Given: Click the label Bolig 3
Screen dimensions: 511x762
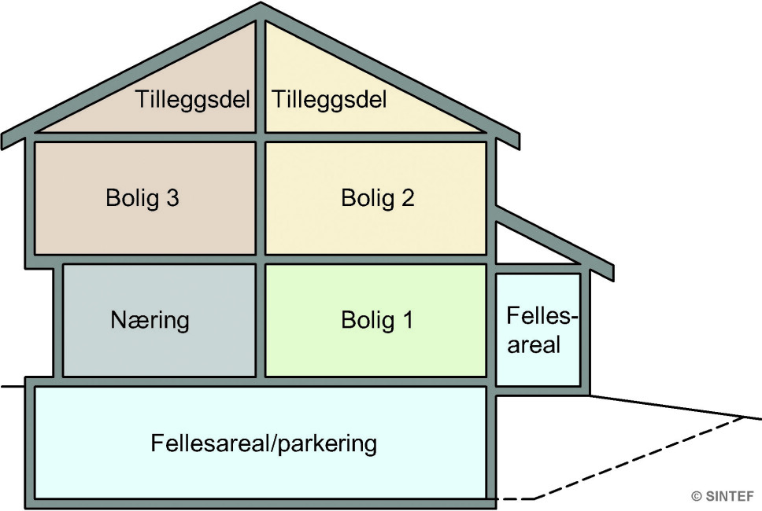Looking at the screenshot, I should coord(142,197).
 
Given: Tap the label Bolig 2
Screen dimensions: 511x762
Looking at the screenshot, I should coord(377,197).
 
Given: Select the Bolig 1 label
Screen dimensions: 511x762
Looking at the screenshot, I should coord(377,321).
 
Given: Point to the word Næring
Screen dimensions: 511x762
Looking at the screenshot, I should coord(150,321).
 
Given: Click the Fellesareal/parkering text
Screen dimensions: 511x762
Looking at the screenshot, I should coord(264,443).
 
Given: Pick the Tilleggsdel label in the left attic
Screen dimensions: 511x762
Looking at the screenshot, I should coord(193,101).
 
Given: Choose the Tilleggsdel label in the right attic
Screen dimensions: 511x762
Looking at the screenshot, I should coord(329,101).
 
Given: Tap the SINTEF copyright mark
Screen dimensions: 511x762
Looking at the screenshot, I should coord(722,496).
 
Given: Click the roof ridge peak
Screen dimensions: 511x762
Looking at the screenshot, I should coord(261,6).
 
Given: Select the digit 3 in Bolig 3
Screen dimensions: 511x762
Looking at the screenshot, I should coord(172,197).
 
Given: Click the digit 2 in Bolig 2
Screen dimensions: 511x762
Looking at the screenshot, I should coord(407,197).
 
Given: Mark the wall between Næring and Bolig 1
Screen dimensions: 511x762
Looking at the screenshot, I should coord(261,321).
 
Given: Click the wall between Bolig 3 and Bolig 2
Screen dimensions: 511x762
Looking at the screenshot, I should coord(261,197).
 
